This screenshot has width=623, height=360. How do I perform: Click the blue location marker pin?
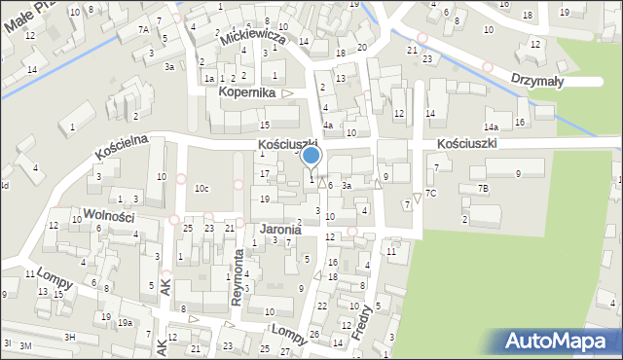coord(311,156)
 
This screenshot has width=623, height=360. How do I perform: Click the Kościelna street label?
coord(122,147)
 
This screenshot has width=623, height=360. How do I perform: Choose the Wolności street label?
coord(108,216)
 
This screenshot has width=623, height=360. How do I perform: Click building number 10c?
coord(202,188)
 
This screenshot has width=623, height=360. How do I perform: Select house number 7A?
coord(143,30)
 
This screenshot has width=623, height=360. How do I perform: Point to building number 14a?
coord(492,127)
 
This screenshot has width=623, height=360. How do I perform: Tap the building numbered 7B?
coord(483,187)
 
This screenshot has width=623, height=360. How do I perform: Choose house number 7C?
coord(430,194)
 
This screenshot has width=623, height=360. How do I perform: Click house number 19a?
coord(125,323)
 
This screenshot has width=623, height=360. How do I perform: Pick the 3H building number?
coord(69,337)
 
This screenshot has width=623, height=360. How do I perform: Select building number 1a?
coord(208,78)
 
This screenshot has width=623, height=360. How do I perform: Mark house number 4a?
coord(329,126)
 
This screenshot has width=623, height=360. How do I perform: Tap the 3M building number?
coord(25,345)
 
